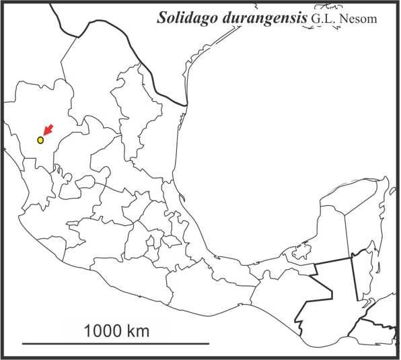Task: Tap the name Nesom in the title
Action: (359, 18)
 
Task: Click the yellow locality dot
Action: (40, 140)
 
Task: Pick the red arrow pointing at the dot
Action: (48, 131)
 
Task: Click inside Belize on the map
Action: (364, 276)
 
